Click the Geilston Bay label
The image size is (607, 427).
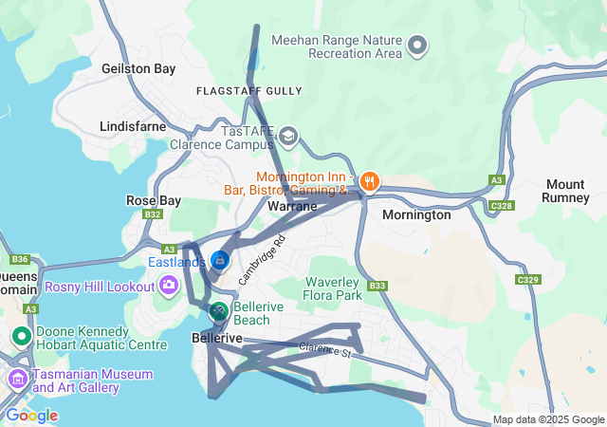pyautogui.click(x=138, y=68)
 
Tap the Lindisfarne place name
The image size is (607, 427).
pyautogui.click(x=132, y=125)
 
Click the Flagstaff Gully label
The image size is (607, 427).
pyautogui.click(x=248, y=91)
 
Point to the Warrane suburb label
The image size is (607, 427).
pyautogui.click(x=292, y=205)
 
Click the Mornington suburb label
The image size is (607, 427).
pyautogui.click(x=416, y=214)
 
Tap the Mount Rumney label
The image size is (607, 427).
pyautogui.click(x=566, y=190)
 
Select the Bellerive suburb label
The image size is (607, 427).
pyautogui.click(x=217, y=337)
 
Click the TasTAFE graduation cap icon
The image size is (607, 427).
pyautogui.click(x=286, y=138)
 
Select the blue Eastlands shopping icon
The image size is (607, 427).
pyautogui.click(x=220, y=260)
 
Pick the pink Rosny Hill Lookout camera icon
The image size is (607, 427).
pyautogui.click(x=169, y=284)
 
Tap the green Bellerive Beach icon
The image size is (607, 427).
pyautogui.click(x=218, y=310)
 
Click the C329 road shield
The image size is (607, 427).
pyautogui.click(x=528, y=280)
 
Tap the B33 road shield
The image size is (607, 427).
pyautogui.click(x=377, y=285)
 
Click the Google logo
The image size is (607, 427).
pyautogui.click(x=31, y=415)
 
